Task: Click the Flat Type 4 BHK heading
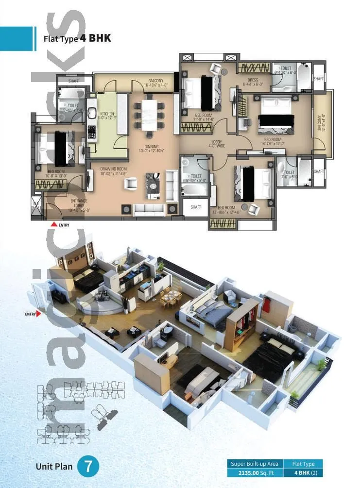[x=77, y=38]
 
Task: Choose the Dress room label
[x=253, y=82]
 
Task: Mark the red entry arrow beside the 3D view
[x=38, y=314]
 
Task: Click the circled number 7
[x=88, y=466]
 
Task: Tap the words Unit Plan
[x=54, y=467]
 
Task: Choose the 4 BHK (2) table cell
[x=303, y=472]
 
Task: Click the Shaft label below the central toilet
[x=196, y=207]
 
